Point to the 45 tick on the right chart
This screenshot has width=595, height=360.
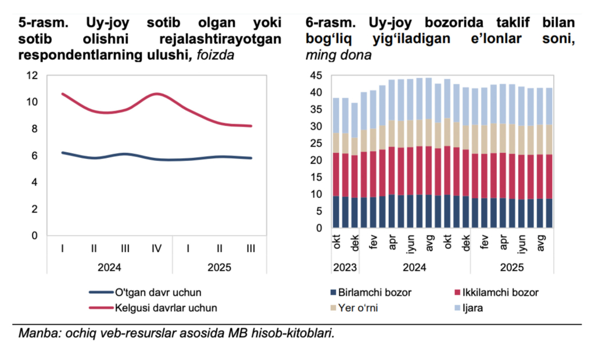pos(317,75)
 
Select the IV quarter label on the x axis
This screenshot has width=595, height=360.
pos(156,249)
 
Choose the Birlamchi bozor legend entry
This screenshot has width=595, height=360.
pos(375,292)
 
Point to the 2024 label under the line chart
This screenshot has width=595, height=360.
pos(109,268)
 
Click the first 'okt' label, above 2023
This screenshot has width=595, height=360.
pos(336,242)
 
